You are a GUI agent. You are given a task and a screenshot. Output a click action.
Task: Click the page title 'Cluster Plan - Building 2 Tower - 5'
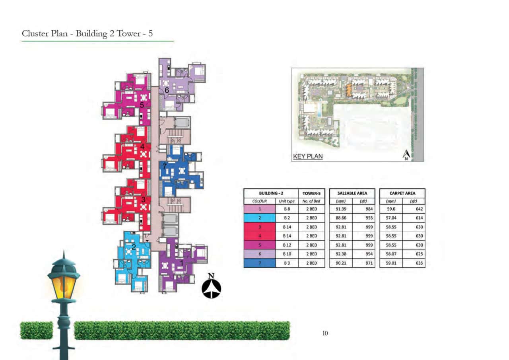(87, 33)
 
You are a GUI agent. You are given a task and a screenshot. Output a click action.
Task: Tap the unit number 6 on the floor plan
(167, 91)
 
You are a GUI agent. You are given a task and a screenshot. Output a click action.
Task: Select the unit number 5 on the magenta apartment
(142, 105)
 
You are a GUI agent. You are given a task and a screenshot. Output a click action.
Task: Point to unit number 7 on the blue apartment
(164, 167)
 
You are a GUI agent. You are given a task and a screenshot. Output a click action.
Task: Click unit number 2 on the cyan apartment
(134, 247)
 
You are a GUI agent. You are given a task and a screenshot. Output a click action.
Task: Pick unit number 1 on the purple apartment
(182, 263)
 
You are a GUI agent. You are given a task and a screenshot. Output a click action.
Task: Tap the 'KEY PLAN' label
(308, 157)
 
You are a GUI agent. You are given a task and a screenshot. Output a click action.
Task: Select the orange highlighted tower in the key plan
(349, 90)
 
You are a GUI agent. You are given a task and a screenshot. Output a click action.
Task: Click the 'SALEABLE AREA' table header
(352, 193)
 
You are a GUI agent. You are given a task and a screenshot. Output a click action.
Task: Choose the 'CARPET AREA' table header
(402, 193)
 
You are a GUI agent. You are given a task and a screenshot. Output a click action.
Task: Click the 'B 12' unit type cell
(287, 245)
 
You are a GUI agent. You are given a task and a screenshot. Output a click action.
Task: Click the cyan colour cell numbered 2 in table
(259, 218)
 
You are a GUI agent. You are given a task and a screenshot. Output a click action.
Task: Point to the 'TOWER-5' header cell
(311, 193)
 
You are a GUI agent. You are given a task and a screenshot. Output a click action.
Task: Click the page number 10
(325, 333)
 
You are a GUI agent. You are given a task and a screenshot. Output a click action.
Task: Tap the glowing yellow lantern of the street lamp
(63, 286)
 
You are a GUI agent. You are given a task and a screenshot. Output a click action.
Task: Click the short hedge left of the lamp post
(36, 331)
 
